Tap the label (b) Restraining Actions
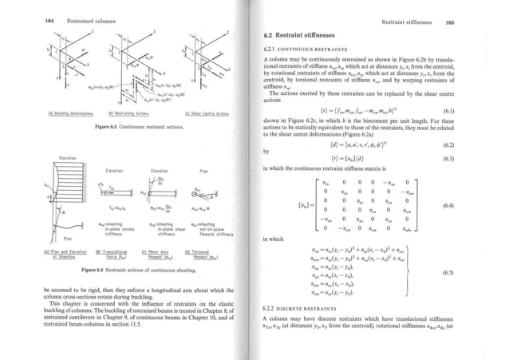click(124, 114)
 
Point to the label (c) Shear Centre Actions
click(207, 114)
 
